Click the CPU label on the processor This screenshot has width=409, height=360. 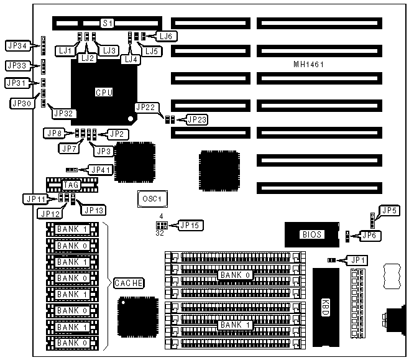(104, 92)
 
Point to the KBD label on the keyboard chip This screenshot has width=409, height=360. (325, 307)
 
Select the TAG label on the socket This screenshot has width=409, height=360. (70, 184)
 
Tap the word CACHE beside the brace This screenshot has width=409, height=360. (129, 284)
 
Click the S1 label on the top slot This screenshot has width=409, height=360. (108, 24)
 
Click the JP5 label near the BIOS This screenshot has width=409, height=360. (389, 211)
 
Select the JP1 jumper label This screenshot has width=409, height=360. (356, 260)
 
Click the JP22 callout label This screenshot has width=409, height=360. (145, 107)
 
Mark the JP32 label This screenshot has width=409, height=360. (64, 113)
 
